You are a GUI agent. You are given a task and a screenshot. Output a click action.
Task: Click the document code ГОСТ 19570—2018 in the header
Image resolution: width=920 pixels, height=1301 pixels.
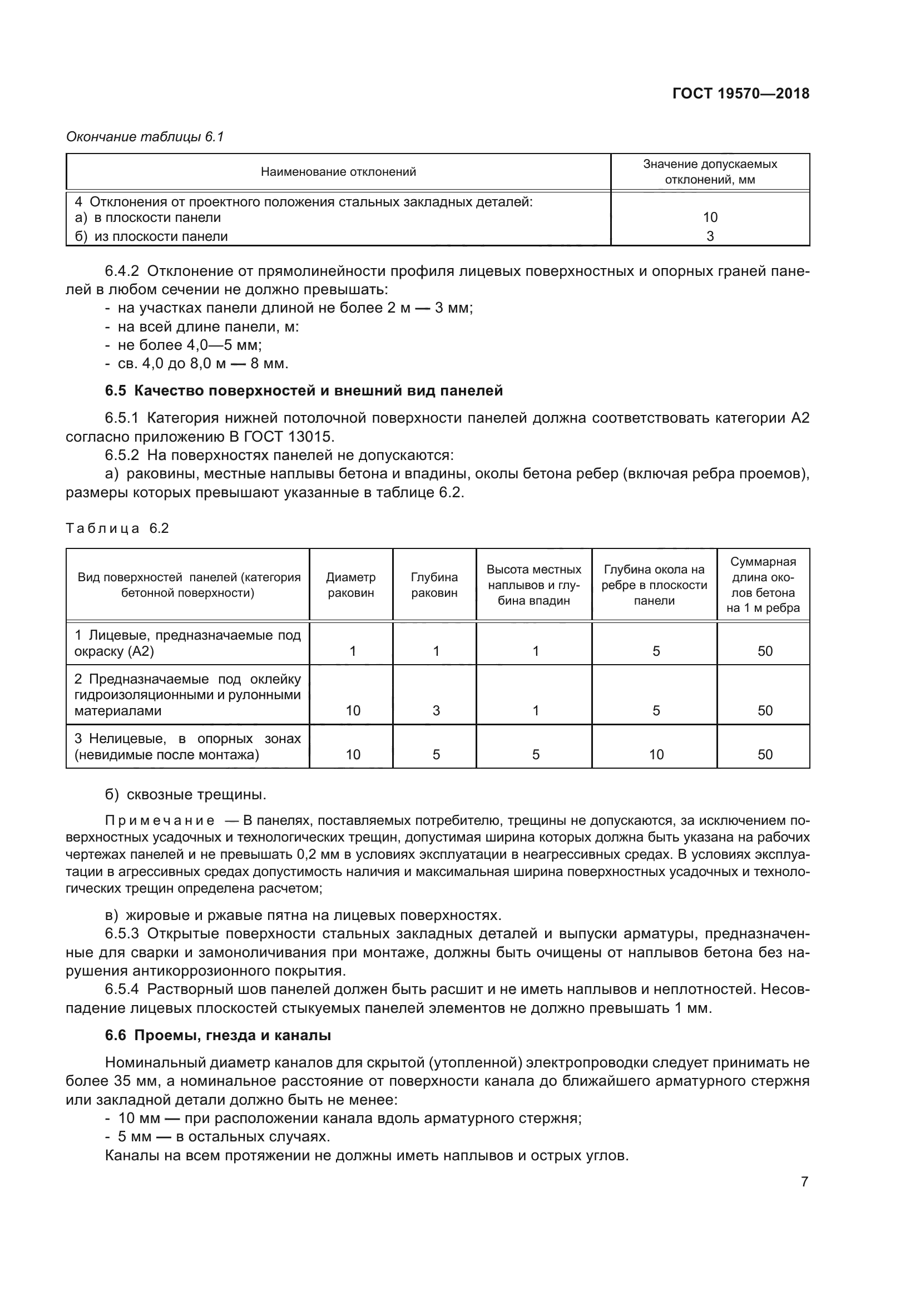tap(740, 93)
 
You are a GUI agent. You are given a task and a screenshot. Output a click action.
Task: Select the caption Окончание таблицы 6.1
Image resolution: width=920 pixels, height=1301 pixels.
tap(145, 137)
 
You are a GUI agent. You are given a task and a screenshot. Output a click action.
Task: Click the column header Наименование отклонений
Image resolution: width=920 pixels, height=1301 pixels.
tap(338, 172)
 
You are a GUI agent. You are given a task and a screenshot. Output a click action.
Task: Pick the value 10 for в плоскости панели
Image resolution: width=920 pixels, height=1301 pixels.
tap(710, 217)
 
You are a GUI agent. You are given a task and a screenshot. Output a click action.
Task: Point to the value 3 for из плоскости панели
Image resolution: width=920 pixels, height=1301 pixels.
tap(710, 236)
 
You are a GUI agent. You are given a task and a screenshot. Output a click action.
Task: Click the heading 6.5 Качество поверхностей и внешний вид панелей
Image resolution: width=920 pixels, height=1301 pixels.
tap(304, 390)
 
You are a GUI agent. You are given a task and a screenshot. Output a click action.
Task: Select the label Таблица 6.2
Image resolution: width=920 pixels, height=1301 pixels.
tap(117, 528)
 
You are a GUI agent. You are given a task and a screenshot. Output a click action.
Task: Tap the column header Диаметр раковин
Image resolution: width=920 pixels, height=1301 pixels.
tap(350, 585)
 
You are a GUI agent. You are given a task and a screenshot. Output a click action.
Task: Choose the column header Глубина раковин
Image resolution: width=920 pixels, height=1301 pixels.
tap(434, 585)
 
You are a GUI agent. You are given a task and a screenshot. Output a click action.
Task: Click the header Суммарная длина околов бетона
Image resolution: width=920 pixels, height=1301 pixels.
tap(763, 585)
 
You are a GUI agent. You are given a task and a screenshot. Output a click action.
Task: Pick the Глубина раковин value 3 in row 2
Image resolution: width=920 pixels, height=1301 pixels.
tap(436, 710)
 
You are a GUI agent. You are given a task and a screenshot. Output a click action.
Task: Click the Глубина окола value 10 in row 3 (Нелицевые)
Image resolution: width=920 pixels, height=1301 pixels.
tap(656, 754)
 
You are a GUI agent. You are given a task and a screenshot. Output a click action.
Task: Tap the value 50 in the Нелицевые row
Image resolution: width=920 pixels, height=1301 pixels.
tap(765, 754)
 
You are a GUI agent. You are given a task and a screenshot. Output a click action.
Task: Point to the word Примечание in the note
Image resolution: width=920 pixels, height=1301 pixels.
tap(160, 820)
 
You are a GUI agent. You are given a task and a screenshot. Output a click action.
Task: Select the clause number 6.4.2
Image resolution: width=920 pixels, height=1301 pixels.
tap(122, 271)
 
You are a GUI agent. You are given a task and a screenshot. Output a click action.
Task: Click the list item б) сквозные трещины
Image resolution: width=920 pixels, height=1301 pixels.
tap(185, 794)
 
